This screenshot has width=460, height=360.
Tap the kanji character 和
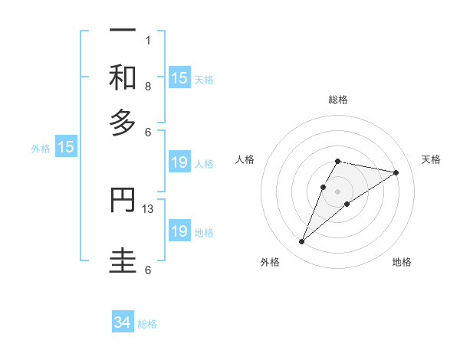point(123,77)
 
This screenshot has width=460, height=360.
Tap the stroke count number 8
point(148,86)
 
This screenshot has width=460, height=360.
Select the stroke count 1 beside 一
point(148,40)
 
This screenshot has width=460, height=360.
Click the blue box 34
point(123,323)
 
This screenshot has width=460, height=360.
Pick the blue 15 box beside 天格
point(179,78)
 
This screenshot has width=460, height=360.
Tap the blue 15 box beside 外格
point(66,148)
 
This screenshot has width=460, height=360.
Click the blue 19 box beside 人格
point(179,162)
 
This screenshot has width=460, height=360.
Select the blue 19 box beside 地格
point(179,231)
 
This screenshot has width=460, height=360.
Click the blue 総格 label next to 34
point(147,324)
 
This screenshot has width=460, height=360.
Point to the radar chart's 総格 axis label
point(338,100)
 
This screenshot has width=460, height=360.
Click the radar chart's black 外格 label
point(270,262)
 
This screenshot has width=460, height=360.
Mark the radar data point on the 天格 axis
point(396,173)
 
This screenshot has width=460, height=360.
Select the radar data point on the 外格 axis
point(301,242)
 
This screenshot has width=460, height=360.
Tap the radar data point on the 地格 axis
point(347,204)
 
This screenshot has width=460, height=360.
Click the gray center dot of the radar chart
point(338,191)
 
